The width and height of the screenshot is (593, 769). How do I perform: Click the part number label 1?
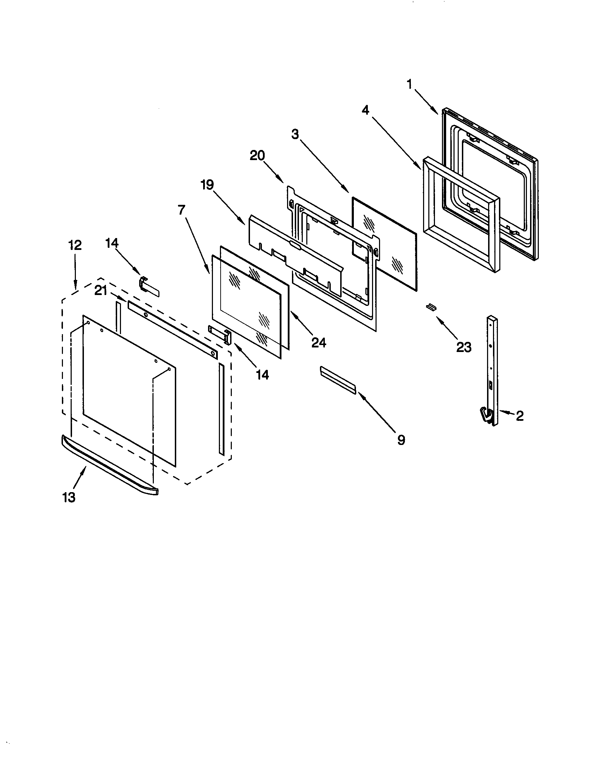click(x=409, y=84)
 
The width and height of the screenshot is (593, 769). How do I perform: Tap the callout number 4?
click(x=365, y=110)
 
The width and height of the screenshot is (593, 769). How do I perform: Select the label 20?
click(x=257, y=155)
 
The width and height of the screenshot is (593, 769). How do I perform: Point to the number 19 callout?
click(x=207, y=185)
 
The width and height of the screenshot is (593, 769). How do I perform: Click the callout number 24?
click(x=319, y=342)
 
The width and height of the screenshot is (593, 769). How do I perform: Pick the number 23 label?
click(x=464, y=347)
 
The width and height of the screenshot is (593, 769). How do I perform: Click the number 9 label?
click(x=401, y=440)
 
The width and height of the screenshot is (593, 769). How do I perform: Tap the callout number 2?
click(x=520, y=416)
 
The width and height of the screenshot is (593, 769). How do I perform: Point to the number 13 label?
click(x=69, y=497)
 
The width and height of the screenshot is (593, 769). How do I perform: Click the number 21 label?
click(x=101, y=291)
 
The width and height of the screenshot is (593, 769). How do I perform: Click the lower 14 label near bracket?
click(x=262, y=375)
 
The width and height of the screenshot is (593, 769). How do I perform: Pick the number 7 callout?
click(x=181, y=210)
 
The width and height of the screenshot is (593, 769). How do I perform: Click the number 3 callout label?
click(x=295, y=134)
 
